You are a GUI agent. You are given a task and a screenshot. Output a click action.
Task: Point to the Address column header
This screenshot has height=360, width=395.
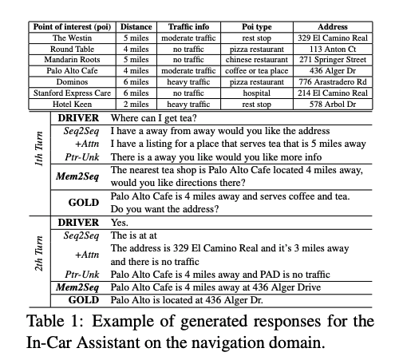[x=332, y=26]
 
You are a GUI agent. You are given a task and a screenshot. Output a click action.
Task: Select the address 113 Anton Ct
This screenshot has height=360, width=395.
[x=332, y=49]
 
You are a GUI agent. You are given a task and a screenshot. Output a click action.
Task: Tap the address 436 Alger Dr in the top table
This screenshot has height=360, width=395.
[x=332, y=71]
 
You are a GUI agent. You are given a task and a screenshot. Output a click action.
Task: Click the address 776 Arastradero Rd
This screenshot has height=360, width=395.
[x=332, y=82]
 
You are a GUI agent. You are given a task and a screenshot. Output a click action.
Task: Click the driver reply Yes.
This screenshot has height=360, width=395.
[x=120, y=223]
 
